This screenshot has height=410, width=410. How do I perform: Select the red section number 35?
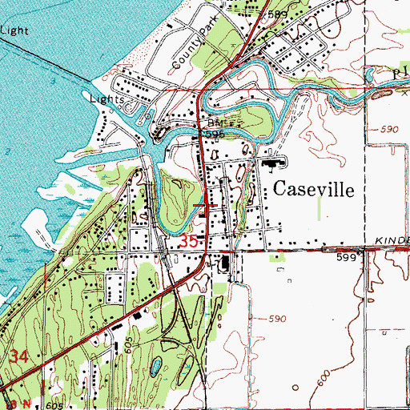189,240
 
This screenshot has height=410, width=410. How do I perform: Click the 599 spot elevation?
346,257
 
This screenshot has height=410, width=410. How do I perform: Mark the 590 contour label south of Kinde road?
276,320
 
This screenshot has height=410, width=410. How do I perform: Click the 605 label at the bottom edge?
54,405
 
